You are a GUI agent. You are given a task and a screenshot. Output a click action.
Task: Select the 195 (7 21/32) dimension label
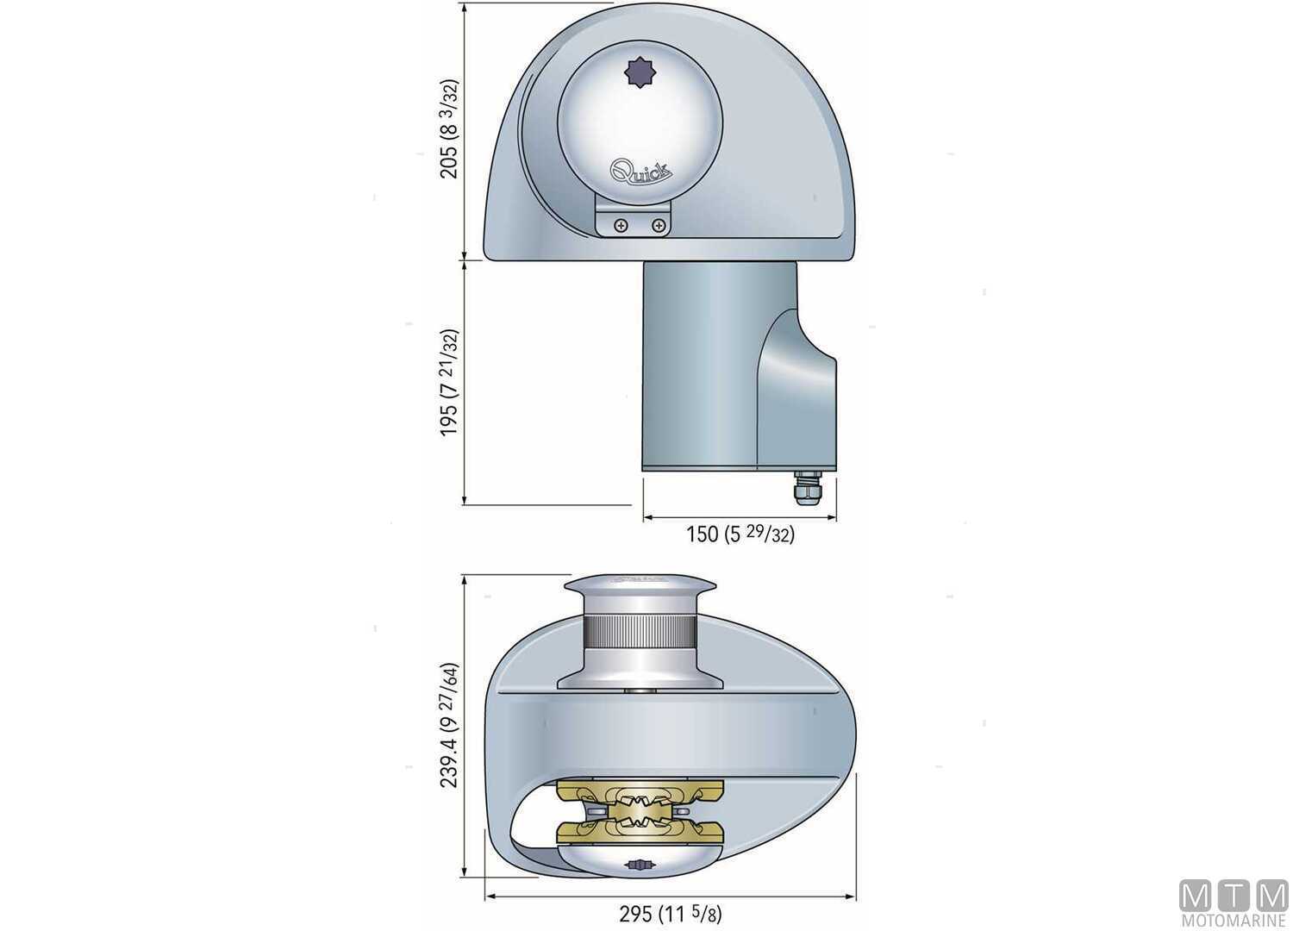click(x=449, y=382)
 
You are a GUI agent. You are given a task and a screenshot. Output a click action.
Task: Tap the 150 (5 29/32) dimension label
click(x=740, y=534)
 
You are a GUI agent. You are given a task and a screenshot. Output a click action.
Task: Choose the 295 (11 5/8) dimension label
click(x=671, y=914)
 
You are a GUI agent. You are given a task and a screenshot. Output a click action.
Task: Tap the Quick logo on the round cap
click(x=641, y=170)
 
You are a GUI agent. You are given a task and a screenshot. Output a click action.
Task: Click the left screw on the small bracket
click(x=621, y=226)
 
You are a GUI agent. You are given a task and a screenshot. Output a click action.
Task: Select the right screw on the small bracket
click(x=659, y=226)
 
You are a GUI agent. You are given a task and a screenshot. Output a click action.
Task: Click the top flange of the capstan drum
click(x=638, y=586)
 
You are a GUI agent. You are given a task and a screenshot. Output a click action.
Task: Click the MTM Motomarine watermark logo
click(x=1234, y=902)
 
